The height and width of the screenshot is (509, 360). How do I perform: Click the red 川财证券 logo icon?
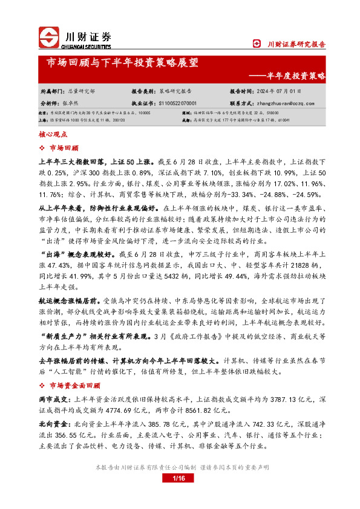click(48, 38)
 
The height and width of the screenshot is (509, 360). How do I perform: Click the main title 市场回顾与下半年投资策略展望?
click(122, 62)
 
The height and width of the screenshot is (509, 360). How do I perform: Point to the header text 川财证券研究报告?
click(296, 44)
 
